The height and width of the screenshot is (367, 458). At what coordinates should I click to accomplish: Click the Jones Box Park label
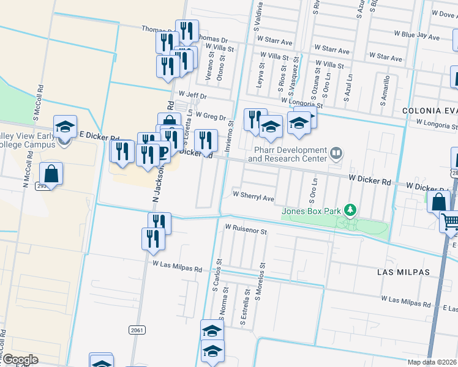click(311, 212)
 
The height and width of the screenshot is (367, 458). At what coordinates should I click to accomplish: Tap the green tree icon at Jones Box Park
click(350, 210)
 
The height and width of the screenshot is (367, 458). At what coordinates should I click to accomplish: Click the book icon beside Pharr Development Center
click(336, 153)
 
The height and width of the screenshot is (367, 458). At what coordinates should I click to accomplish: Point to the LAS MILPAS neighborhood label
click(421, 272)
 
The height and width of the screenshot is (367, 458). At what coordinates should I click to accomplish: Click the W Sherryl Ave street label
click(253, 198)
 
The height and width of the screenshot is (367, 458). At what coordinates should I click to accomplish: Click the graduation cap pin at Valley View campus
click(65, 127)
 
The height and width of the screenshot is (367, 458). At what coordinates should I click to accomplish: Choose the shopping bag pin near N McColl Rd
click(51, 173)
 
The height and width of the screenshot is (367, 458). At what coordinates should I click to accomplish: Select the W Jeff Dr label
click(192, 96)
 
